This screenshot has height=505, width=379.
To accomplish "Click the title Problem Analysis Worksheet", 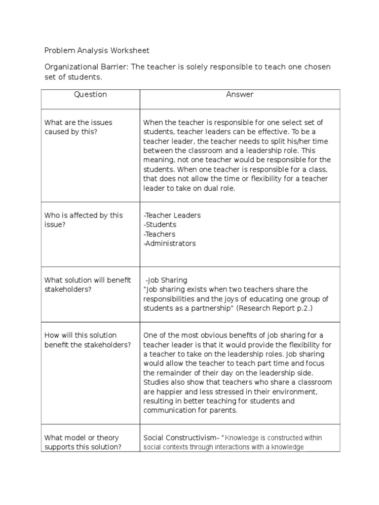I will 97,50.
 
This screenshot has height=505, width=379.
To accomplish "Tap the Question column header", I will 90,94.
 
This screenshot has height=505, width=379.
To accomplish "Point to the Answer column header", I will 240,94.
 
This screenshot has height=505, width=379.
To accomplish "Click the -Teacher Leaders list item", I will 172,216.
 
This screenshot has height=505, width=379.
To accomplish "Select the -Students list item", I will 159,225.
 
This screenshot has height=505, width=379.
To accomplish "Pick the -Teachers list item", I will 159,234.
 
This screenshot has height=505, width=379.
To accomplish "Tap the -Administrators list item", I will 169,244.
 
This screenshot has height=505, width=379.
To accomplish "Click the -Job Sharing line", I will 166,280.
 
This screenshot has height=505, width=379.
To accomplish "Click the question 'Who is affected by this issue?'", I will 83,220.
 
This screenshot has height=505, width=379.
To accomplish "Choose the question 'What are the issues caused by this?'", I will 78,127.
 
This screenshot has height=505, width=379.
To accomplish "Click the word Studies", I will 156,382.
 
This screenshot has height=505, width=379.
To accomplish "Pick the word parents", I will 225,410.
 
